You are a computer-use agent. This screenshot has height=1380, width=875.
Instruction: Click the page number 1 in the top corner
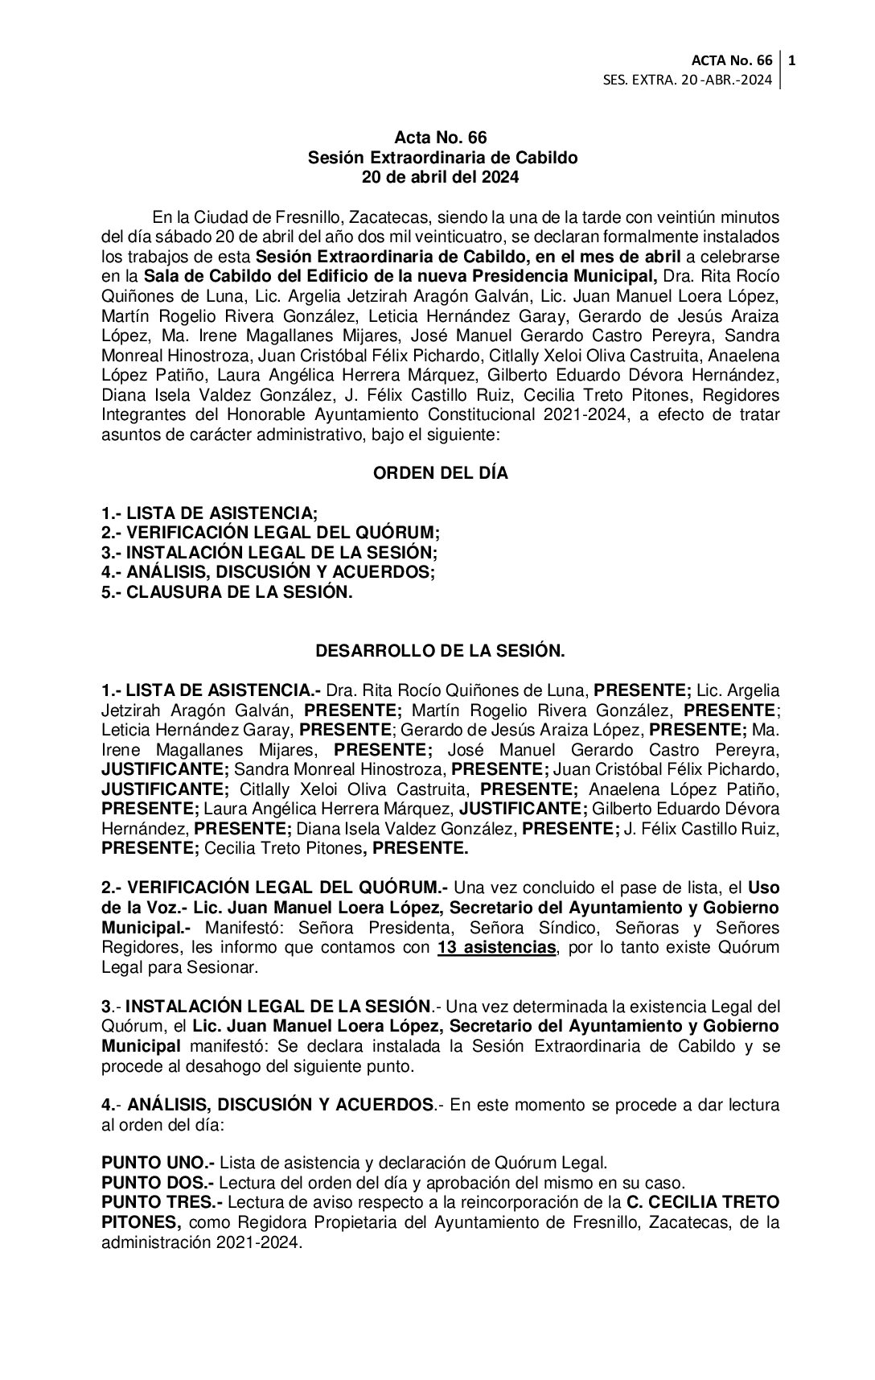coord(793,60)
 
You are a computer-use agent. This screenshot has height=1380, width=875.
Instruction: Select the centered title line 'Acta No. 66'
coord(440,138)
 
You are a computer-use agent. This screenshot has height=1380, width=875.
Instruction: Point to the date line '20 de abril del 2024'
coord(440,178)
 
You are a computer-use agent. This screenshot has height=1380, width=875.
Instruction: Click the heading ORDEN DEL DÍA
coord(440,474)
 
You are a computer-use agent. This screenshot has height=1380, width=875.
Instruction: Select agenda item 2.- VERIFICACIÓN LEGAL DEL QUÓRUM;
coord(271,533)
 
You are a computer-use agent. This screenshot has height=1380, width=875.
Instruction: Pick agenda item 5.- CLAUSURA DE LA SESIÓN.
coord(227,592)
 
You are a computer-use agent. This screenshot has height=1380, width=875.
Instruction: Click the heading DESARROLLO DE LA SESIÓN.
coord(440,651)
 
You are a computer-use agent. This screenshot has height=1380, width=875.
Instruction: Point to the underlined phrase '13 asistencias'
coord(496,948)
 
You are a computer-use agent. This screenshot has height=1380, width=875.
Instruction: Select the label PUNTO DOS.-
coord(158,1184)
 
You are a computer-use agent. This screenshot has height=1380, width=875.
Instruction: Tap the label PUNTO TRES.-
coord(162,1203)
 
